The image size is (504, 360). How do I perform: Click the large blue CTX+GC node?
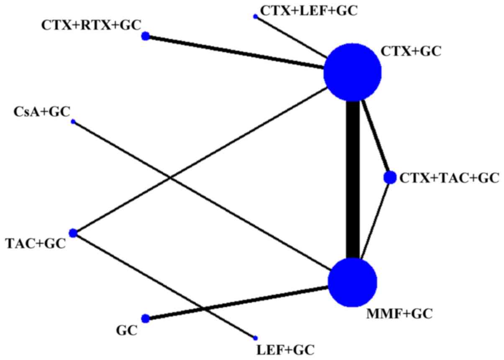tap(353, 73)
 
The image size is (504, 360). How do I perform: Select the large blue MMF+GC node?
tap(353, 283)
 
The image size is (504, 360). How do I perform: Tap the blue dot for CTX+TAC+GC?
tap(390, 177)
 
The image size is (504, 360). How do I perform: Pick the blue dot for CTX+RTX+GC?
tap(146, 36)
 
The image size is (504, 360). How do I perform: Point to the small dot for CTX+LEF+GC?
tap(255, 16)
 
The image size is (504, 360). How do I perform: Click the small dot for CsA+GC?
tap(73, 122)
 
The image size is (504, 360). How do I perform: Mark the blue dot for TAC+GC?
tap(73, 233)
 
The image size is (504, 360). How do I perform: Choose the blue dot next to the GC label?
tap(146, 319)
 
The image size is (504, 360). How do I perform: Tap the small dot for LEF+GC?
tap(255, 338)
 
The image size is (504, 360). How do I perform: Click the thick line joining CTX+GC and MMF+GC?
tap(353, 180)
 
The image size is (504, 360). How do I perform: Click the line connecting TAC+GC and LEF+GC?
tap(163, 285)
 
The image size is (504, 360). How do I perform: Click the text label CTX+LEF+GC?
tap(309, 10)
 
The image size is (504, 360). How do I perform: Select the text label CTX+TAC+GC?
tap(450, 178)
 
